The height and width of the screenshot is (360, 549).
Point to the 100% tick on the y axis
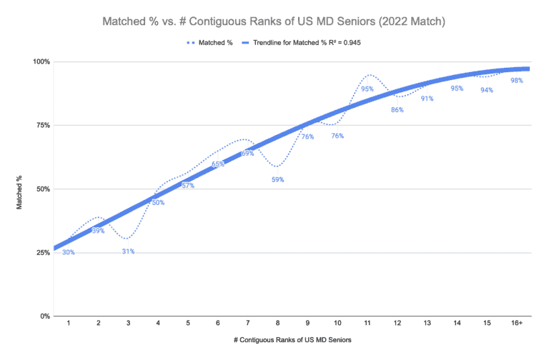click(x=41, y=62)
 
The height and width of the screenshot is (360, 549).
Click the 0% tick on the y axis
click(x=44, y=316)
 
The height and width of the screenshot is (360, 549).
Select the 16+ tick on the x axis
click(x=516, y=324)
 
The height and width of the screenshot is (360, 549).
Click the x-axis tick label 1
click(x=69, y=324)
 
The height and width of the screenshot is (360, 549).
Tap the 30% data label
click(x=68, y=252)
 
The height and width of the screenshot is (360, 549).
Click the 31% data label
click(x=128, y=251)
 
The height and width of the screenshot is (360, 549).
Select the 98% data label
click(x=516, y=81)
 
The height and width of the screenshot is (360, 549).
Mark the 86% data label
click(x=397, y=110)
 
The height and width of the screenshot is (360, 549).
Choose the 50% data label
click(x=158, y=203)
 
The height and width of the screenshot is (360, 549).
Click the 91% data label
click(x=427, y=99)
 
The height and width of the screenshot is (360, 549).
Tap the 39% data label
click(x=98, y=231)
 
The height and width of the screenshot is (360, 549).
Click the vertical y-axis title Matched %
click(x=21, y=189)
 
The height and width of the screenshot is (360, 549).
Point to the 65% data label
click(x=218, y=164)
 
